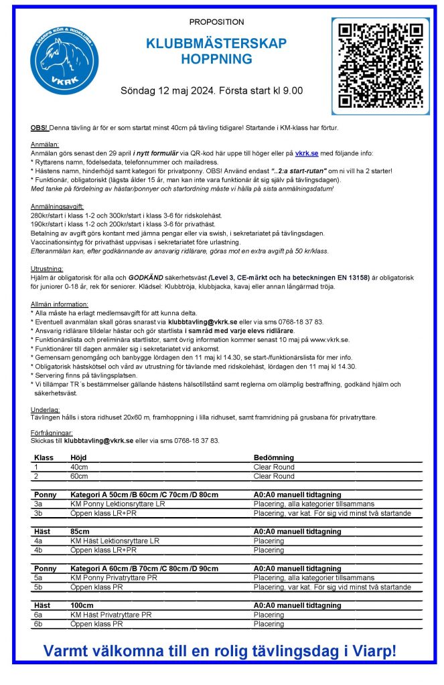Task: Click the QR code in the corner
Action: coord(380,66)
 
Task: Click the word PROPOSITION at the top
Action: coord(216,22)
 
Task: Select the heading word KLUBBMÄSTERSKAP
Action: coord(216,44)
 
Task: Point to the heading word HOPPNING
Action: coord(216,60)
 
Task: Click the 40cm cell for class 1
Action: coord(79,467)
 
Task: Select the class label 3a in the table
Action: coord(38,504)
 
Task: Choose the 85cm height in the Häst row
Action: coord(79,531)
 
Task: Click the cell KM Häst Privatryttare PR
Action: coord(110,614)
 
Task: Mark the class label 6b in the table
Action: coord(38,623)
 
